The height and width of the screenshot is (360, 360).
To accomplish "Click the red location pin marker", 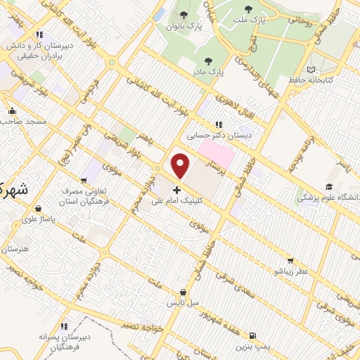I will point(181,166).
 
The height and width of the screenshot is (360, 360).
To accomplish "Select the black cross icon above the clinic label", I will point(176,189).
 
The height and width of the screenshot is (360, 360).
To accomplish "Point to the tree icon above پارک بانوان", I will point(184,15).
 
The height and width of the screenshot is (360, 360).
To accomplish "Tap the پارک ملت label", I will point(255,20).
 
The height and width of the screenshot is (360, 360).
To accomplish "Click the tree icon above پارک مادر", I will point(209,60).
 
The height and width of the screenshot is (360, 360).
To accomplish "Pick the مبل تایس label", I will point(182,304).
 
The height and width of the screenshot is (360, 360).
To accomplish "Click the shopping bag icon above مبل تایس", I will point(183,292).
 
